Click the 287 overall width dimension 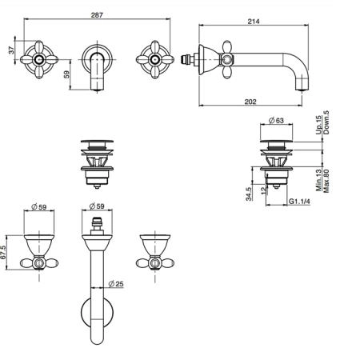tap(97, 15)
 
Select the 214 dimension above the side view tap(254, 22)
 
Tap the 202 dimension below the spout tap(250, 102)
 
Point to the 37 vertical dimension tap(12, 50)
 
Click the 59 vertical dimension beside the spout tap(66, 74)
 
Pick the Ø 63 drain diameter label tap(276, 121)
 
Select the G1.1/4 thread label tap(300, 202)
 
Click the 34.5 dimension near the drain tap(249, 194)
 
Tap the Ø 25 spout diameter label tap(116, 284)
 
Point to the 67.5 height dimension tap(3, 252)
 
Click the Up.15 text tap(318, 125)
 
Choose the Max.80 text tap(326, 181)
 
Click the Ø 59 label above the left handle tap(39, 206)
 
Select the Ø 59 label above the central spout tap(97, 206)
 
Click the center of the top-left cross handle tap(39, 59)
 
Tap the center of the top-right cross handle tap(155, 59)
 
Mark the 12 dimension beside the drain tap(263, 190)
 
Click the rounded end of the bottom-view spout tap(97, 342)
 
